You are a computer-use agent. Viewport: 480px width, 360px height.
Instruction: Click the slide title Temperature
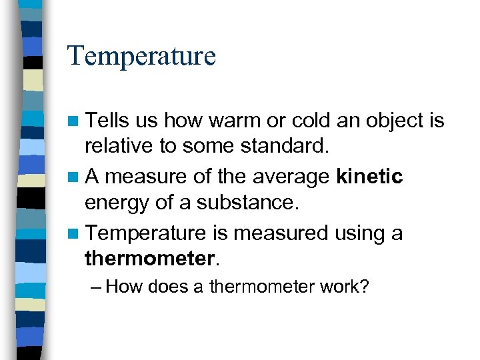click(x=141, y=56)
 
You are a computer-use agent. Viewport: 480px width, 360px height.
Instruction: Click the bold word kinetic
click(x=370, y=177)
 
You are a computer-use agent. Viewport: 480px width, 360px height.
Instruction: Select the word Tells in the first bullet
click(x=109, y=121)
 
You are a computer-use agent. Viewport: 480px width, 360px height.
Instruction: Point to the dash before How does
click(x=96, y=287)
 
